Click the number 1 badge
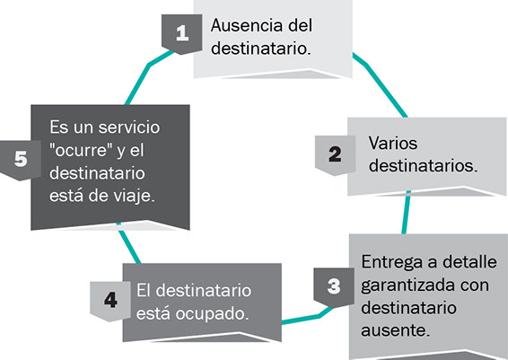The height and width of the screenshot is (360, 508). click(182, 34)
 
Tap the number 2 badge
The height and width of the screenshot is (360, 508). click(336, 155)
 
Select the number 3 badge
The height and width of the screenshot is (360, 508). click(334, 287)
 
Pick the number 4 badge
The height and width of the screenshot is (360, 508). click(110, 301)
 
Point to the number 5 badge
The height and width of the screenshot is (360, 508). click(21, 160)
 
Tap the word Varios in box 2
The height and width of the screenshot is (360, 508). click(392, 143)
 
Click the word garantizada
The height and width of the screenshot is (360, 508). click(407, 285)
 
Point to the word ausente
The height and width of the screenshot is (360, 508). click(396, 331)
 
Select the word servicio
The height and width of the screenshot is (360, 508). click(129, 127)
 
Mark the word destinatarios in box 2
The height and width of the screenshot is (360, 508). click(423, 165)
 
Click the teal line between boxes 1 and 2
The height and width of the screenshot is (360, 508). click(379, 84)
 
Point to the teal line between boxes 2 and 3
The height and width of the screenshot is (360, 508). click(407, 212)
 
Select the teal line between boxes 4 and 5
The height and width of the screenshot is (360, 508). click(128, 243)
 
